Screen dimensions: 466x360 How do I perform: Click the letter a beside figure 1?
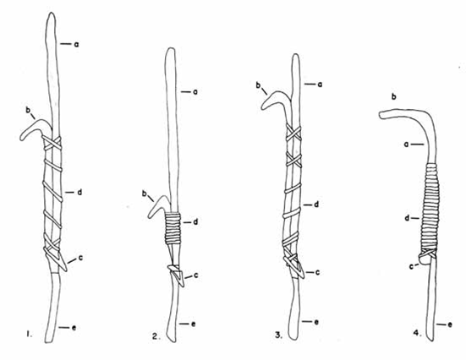pos(76,45)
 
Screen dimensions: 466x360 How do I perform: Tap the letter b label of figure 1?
pos(28,110)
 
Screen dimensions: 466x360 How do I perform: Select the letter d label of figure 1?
pos(79,192)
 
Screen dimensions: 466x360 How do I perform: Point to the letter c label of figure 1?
pos(80,258)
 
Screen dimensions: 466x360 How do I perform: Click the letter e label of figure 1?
pos(74,328)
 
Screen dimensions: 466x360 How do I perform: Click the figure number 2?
pos(156,336)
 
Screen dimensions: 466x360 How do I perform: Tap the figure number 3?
pos(278,335)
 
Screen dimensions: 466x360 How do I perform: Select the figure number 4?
pos(417,333)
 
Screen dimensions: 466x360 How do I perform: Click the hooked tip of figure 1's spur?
pos(21,138)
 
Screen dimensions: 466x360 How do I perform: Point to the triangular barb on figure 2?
pos(178,275)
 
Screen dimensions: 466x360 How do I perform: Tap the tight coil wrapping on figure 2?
pos(173,228)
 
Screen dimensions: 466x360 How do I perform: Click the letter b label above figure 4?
pos(394,97)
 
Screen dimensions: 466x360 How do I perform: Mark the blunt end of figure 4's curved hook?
pos(381,115)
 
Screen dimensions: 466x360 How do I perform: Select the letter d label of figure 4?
pos(407,218)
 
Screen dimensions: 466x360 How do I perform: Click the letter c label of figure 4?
pos(412,267)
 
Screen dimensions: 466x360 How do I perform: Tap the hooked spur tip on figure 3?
pos(263,106)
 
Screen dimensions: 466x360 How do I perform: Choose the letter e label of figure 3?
pos(316,322)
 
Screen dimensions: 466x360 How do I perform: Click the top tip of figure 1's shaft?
pos(52,14)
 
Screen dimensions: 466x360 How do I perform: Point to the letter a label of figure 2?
pos(195,92)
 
